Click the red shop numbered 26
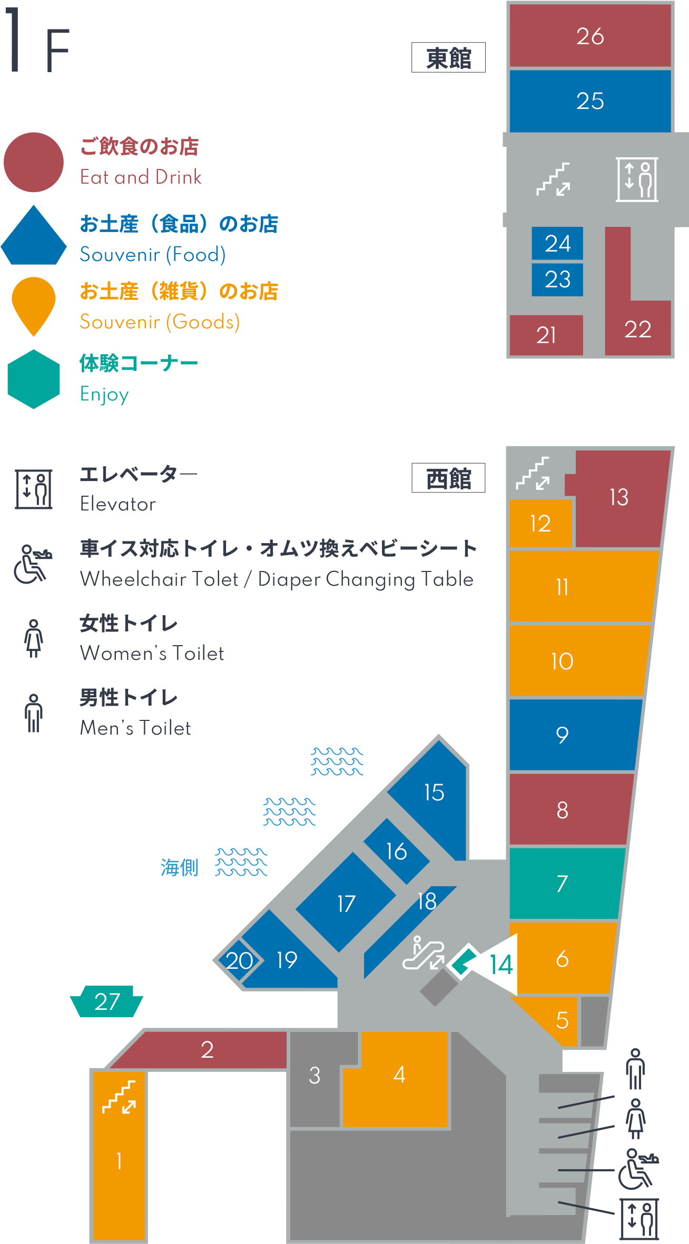pos(590,36)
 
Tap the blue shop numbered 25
pos(590,101)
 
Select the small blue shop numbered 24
pos(557,243)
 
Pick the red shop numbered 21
pos(546,335)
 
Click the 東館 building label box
pos(448,57)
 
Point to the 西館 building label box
pos(448,478)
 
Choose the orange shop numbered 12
pos(540,523)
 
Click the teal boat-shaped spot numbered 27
pos(107,1001)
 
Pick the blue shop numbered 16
pos(397,851)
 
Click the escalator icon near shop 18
pos(424,952)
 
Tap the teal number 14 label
pos(501,965)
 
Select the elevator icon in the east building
pos(637,179)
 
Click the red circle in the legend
pos(34,162)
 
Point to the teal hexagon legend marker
pos(34,379)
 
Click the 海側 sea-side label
pos(180,867)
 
